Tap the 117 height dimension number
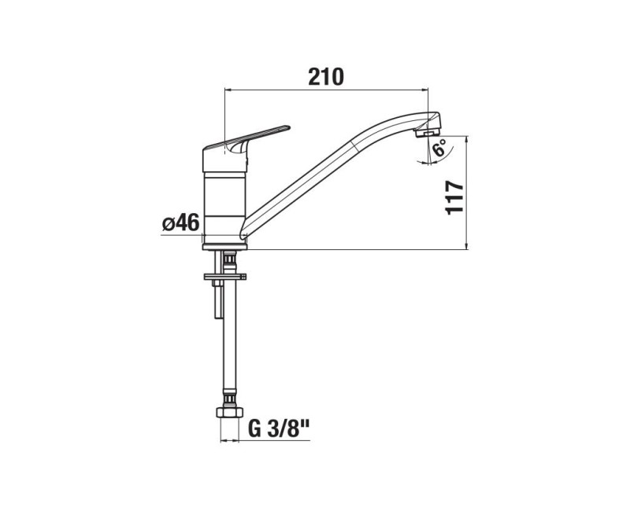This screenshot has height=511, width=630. (x=453, y=198)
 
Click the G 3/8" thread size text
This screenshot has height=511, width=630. (x=280, y=430)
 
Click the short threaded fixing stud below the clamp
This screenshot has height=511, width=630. (x=217, y=303)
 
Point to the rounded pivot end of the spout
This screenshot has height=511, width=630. (x=245, y=230)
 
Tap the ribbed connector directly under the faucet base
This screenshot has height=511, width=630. (x=229, y=259)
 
